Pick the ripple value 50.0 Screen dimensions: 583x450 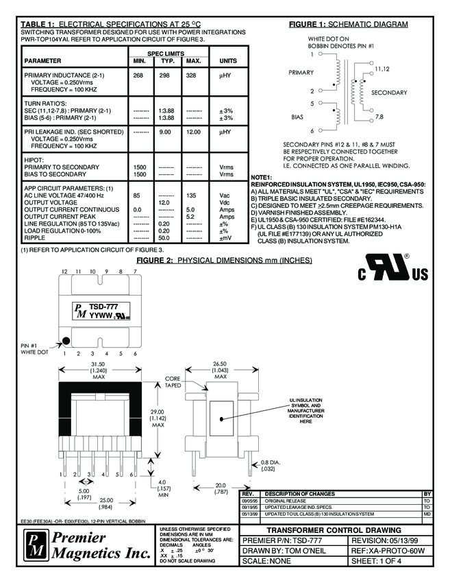[x=164, y=237]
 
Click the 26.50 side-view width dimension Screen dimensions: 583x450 [x=220, y=364]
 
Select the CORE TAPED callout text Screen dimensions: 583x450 [x=173, y=381]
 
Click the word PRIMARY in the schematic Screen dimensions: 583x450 [x=301, y=72]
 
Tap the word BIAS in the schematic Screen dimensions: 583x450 [x=297, y=117]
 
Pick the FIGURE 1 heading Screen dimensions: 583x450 [x=348, y=25]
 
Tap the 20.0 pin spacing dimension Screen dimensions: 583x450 [x=220, y=485]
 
